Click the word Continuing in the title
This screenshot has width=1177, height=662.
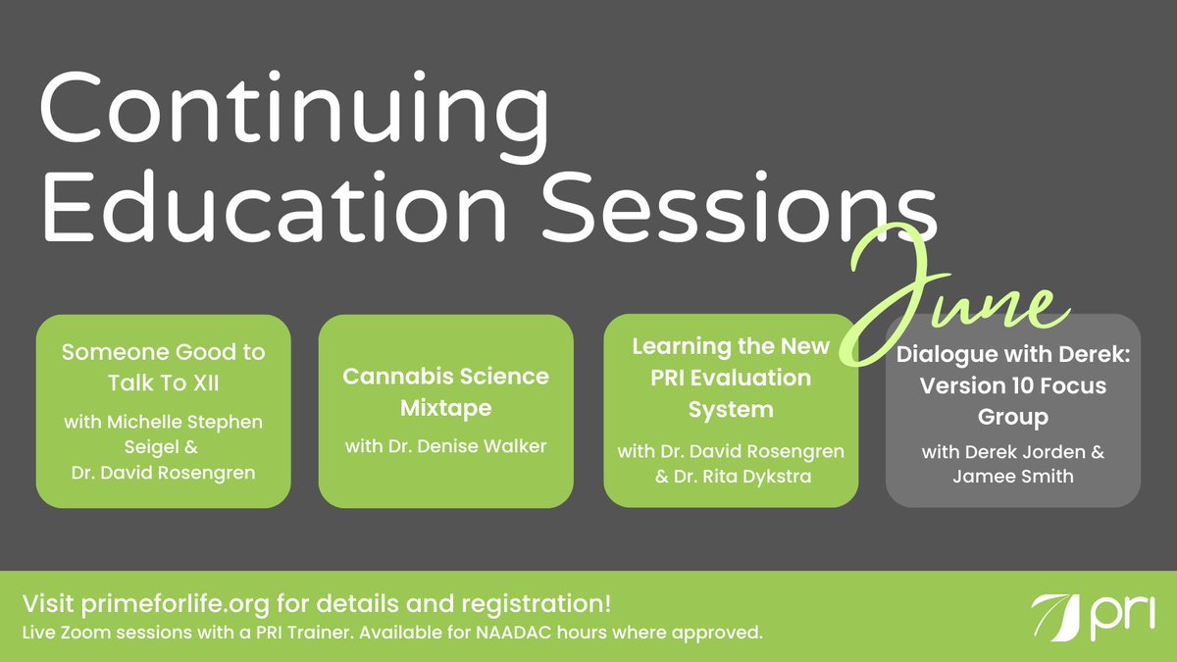[294, 116]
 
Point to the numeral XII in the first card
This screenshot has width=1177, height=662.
[205, 383]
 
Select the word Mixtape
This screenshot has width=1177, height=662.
[445, 408]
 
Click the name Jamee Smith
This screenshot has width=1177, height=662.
[1013, 476]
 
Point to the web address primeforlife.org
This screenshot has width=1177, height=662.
[175, 604]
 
